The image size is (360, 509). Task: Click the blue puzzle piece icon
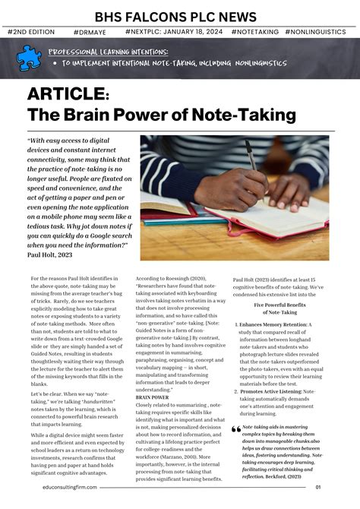click(29, 57)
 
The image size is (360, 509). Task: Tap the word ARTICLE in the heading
click(68, 93)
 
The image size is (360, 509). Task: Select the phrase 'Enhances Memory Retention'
click(276, 324)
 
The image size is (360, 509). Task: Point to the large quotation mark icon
click(236, 429)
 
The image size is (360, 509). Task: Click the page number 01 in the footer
click(339, 488)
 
